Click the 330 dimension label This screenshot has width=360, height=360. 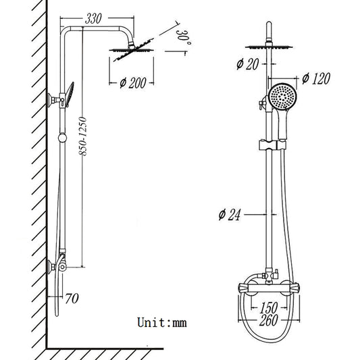95,19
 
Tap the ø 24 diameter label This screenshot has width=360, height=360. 230,216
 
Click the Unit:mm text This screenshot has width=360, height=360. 161,322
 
